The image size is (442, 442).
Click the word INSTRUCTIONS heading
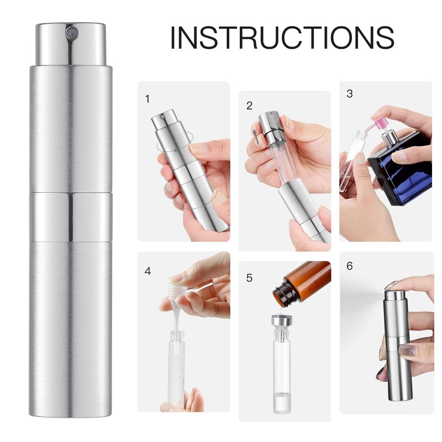(x=282, y=38)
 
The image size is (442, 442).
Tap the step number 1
(x=147, y=99)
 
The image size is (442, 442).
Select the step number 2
(x=249, y=106)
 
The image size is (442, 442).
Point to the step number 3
(x=350, y=93)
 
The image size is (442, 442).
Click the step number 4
(x=148, y=271)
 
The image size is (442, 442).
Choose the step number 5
(x=249, y=278)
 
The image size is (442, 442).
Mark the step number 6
(x=350, y=266)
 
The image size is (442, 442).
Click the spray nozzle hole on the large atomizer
(x=72, y=33)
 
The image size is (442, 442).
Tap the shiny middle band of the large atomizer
(x=71, y=217)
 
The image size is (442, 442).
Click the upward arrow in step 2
(x=255, y=137)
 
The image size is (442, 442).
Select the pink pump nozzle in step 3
(x=378, y=122)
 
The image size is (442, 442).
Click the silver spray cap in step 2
(x=269, y=126)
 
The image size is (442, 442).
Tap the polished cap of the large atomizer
(x=71, y=44)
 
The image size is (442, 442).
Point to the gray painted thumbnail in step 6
(x=406, y=350)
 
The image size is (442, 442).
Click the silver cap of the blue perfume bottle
(x=390, y=136)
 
